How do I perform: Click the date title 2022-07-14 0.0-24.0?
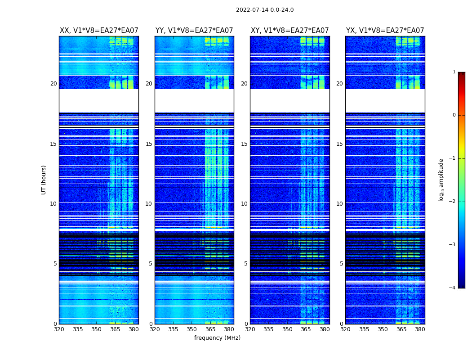coord(265,10)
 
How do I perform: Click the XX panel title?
coord(99,31)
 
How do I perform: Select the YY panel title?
coord(194,31)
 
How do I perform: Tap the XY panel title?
coord(289,31)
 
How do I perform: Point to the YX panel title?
coord(385,31)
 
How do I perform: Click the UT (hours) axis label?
coord(44,180)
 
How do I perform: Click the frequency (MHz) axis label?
coord(217,338)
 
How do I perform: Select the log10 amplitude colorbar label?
coord(441,180)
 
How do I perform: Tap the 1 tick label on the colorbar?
coord(454,72)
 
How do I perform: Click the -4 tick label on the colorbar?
coord(453,288)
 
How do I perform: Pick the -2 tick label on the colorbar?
coord(453,202)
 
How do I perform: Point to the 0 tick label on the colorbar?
coord(454,115)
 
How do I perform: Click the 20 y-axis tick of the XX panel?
coord(53,84)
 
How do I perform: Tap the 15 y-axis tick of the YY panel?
coord(148,144)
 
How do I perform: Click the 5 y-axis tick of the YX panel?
coord(341,264)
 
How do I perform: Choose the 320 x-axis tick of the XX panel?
coord(59,329)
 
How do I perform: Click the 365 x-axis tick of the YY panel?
coord(210,329)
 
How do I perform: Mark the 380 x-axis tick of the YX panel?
coord(420,329)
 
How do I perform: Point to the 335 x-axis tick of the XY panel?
coord(268,329)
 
